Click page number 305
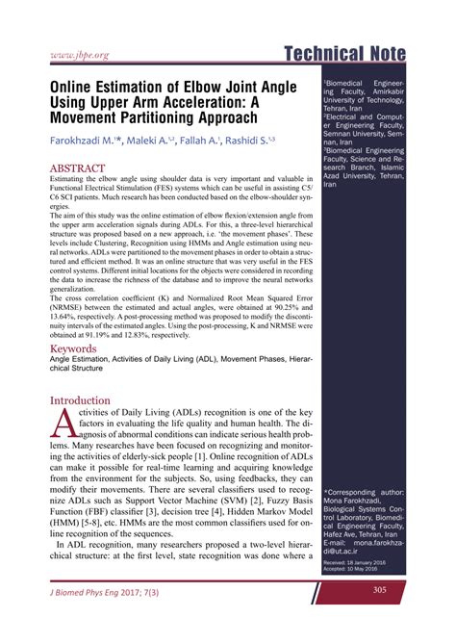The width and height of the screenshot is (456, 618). coord(379,590)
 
